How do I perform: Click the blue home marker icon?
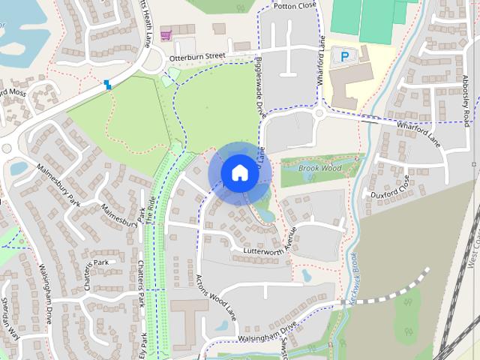[238, 172]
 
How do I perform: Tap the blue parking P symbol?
[344, 55]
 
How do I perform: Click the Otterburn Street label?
[198, 55]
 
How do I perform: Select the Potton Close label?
[295, 4]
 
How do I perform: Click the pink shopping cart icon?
[165, 33]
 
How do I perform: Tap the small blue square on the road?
[109, 84]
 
